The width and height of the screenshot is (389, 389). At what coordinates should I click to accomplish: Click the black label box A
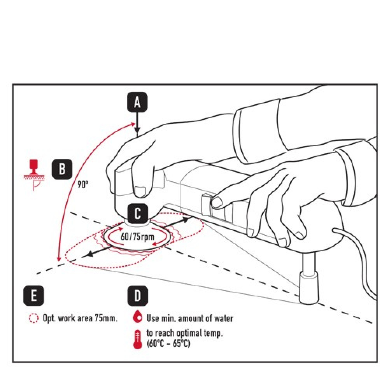137,102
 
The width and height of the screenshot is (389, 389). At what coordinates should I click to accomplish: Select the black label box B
62,169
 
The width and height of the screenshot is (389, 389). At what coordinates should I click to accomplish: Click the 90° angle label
82,185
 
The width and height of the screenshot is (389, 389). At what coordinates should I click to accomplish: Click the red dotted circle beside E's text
34,318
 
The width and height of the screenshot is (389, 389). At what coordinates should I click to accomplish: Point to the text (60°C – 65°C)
168,344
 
